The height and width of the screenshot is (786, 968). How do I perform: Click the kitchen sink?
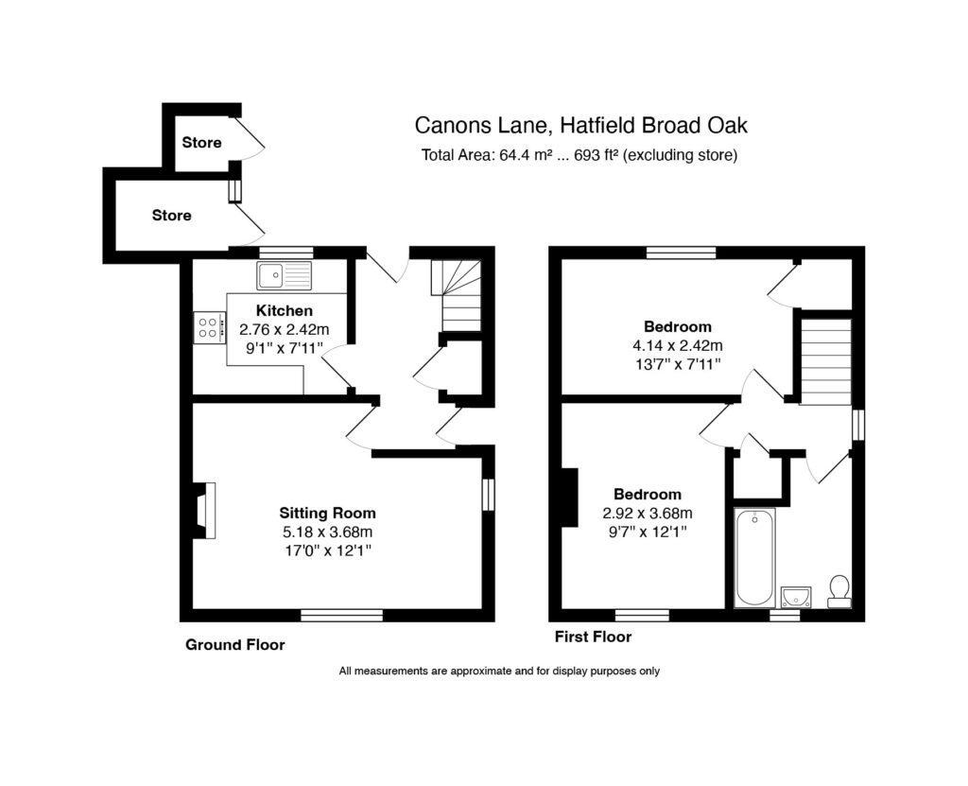(283, 275)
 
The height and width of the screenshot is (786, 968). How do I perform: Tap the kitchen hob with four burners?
(210, 327)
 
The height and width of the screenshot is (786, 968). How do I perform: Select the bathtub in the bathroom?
(754, 557)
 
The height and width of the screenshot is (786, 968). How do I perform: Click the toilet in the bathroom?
(838, 591)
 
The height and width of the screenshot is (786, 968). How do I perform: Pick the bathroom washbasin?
(796, 596)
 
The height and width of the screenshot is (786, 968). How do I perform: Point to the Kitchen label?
(285, 310)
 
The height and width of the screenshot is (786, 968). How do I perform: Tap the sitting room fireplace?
(202, 511)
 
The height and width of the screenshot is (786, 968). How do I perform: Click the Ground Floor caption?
(234, 645)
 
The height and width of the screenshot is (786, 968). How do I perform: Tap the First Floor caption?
(593, 637)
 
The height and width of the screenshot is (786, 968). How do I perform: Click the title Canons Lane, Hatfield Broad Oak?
(587, 125)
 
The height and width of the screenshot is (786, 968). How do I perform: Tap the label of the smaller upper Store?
(201, 143)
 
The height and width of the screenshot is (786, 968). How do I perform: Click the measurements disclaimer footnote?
(498, 672)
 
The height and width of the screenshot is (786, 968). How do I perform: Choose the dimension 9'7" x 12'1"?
(647, 532)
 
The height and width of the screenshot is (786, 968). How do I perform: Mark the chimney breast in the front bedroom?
(570, 498)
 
